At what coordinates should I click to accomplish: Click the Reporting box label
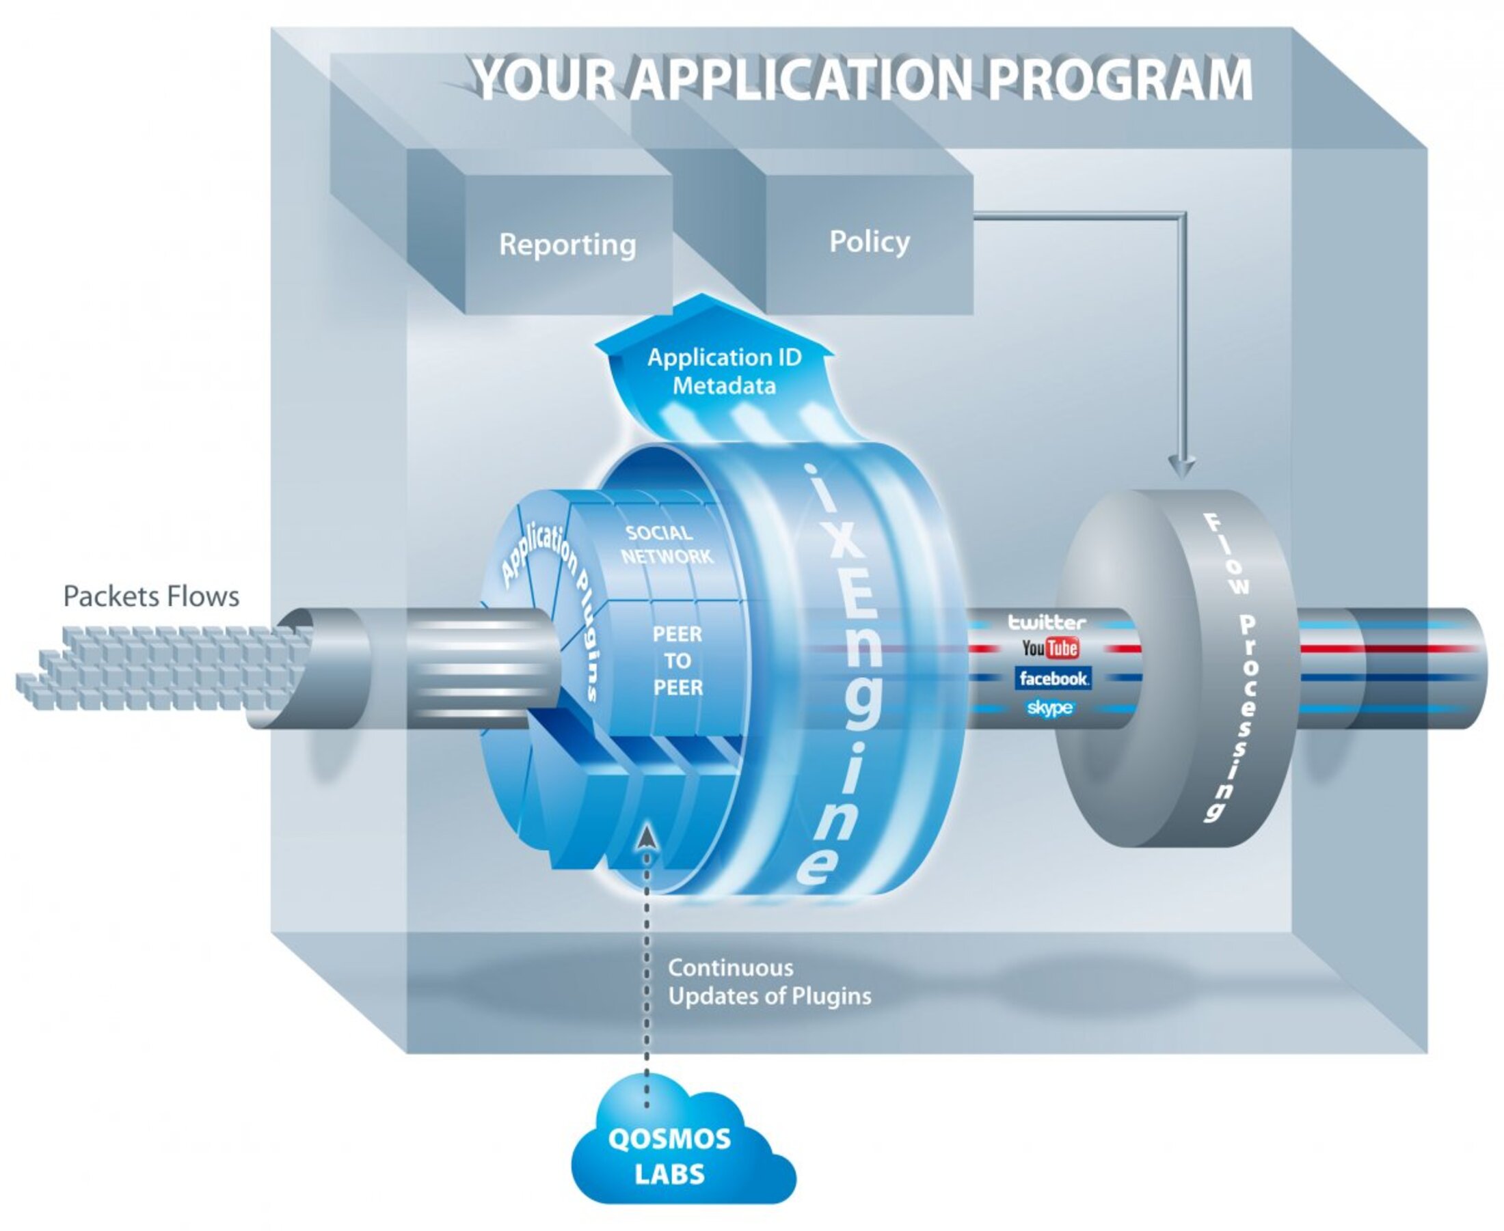coord(567,245)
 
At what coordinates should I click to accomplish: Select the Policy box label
coord(869,242)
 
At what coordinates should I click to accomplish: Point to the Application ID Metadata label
coord(723,372)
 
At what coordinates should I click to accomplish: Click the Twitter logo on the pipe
coord(1047,622)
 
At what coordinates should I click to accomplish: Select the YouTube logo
coord(1050,648)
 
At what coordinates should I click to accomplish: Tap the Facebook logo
coord(1053,678)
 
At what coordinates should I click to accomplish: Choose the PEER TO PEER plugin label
coord(677,661)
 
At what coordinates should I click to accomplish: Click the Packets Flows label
coord(151,596)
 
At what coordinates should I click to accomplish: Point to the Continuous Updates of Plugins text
coord(769,982)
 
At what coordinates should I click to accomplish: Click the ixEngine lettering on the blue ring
coord(841,674)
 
